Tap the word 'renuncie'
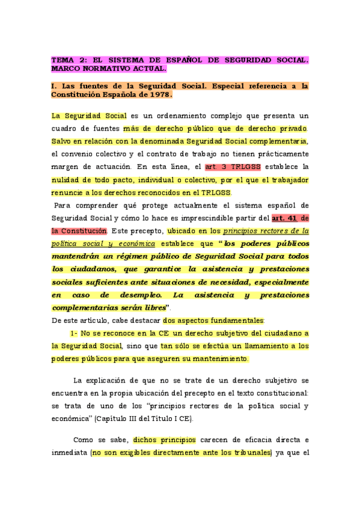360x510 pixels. point(69,192)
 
